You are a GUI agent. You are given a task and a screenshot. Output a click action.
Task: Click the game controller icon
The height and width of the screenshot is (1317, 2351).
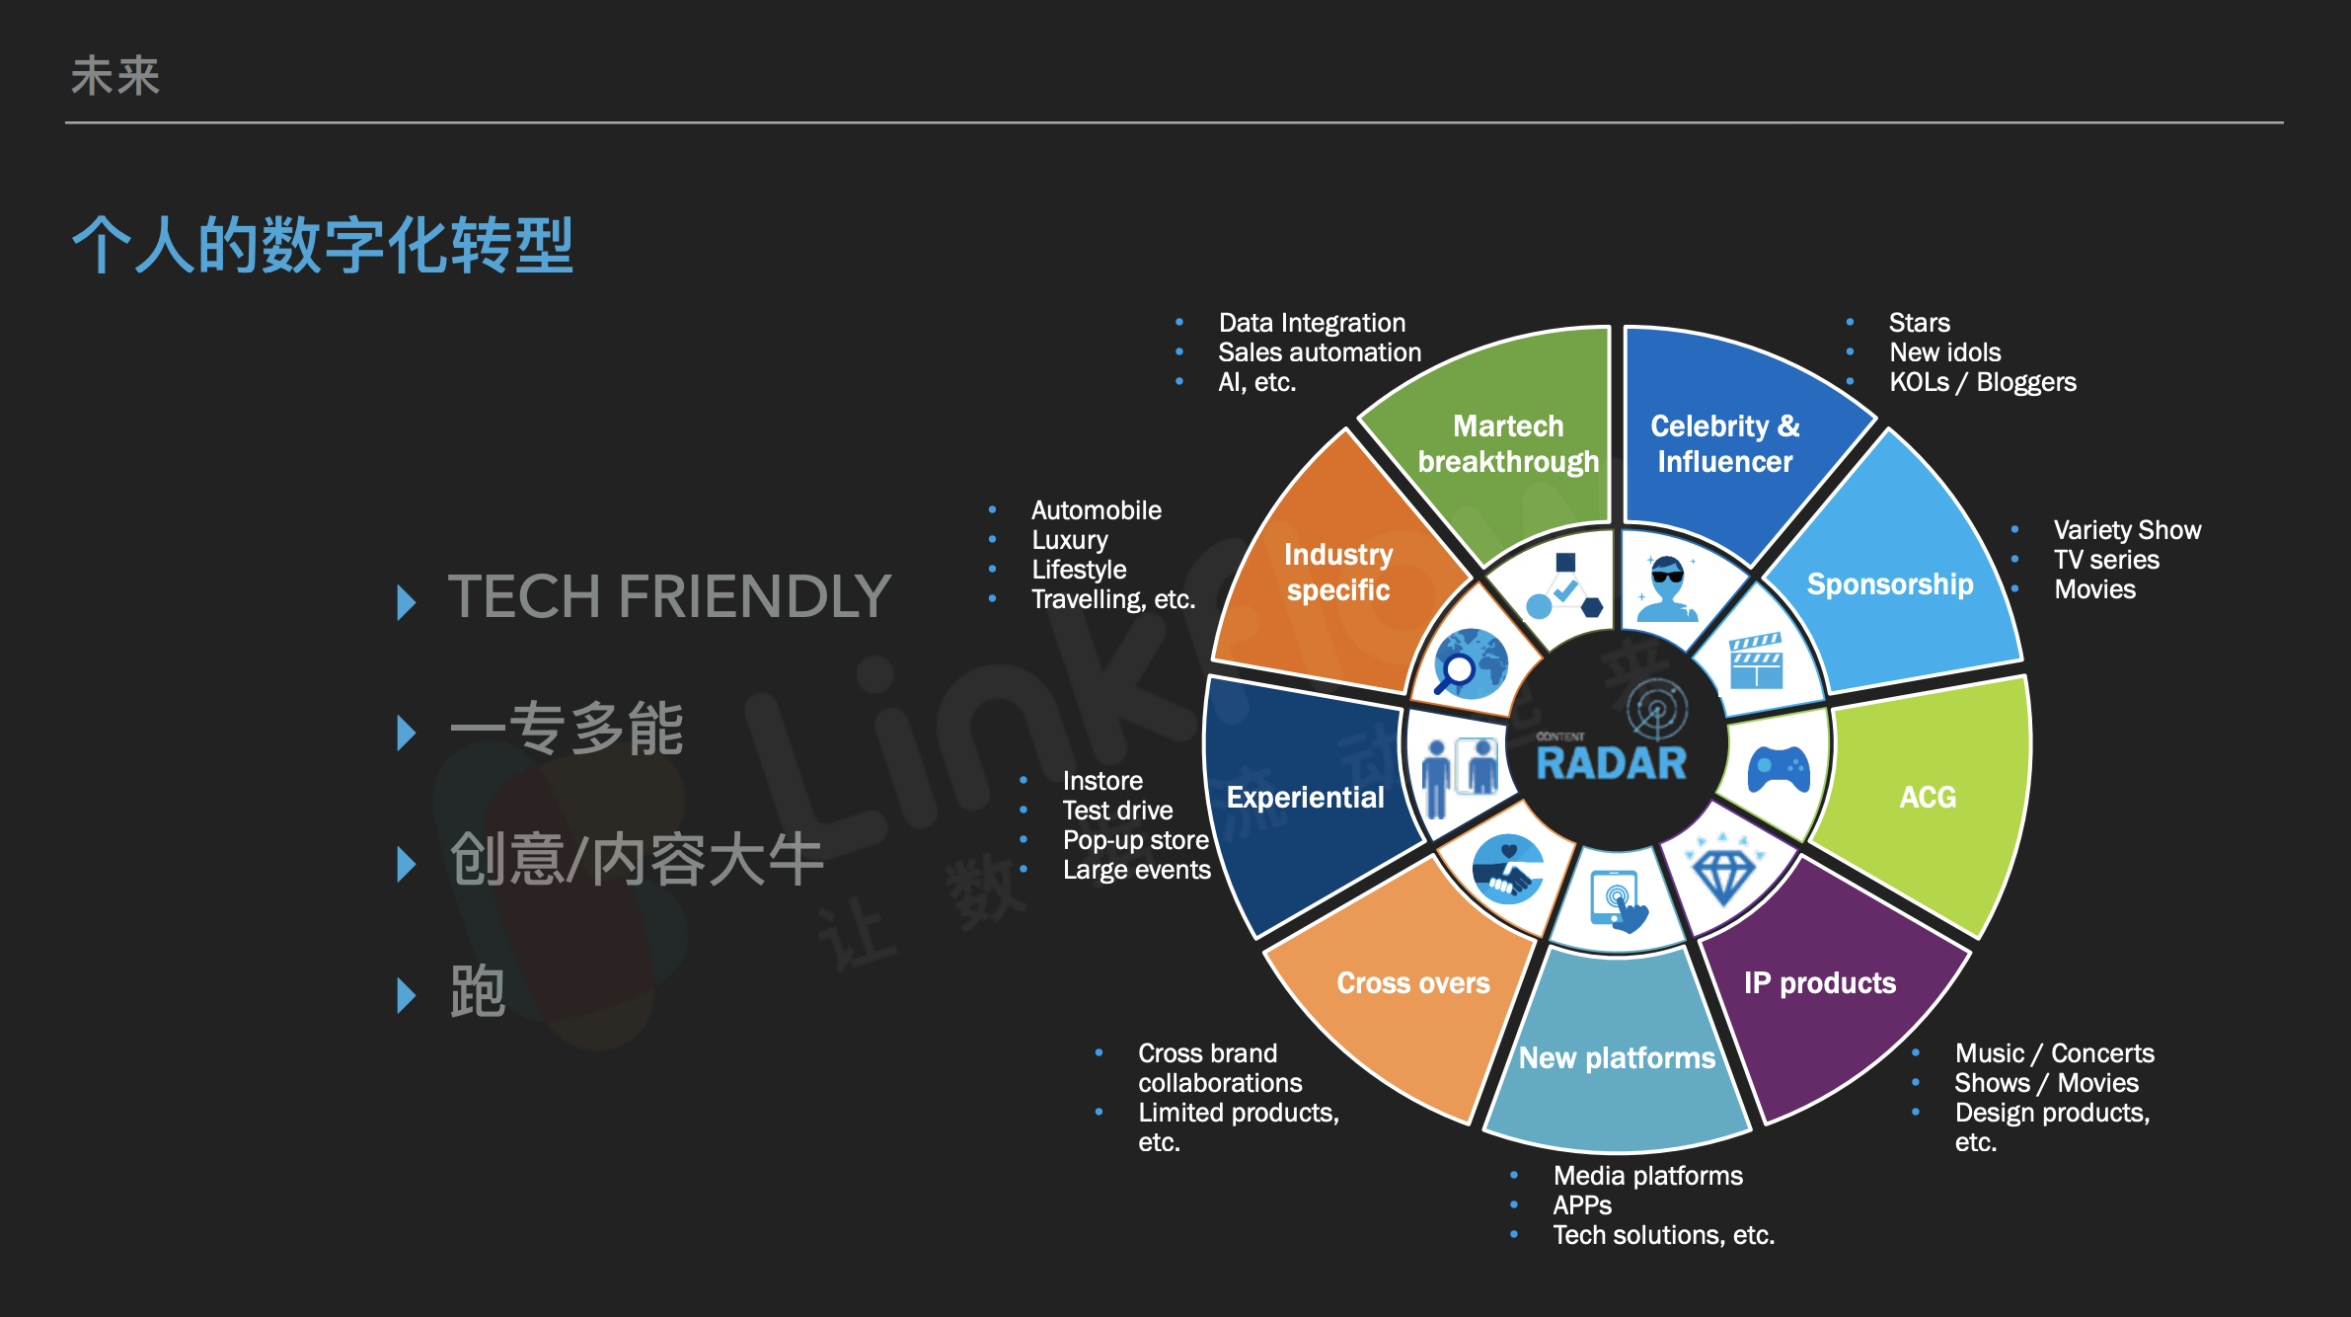(x=1779, y=770)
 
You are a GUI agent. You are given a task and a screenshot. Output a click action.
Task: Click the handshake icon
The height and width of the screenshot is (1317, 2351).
(x=1508, y=870)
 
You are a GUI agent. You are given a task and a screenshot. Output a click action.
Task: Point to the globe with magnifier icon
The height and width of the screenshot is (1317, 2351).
(x=1470, y=662)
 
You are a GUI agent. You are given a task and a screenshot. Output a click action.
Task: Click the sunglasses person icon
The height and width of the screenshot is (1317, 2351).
(x=1667, y=589)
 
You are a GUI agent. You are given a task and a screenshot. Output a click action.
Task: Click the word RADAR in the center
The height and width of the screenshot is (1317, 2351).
(x=1612, y=763)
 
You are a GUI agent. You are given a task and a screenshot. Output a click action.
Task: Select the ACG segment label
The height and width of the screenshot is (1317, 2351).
(x=1928, y=797)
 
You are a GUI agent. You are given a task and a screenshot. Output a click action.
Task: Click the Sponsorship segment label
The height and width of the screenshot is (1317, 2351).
(x=1890, y=584)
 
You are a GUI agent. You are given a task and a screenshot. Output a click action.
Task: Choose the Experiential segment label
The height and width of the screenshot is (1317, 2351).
(x=1305, y=797)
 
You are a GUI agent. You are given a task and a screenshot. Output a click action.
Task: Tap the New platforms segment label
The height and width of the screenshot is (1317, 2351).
(x=1617, y=1057)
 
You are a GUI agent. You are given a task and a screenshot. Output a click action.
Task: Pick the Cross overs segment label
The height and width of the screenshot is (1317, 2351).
(x=1413, y=982)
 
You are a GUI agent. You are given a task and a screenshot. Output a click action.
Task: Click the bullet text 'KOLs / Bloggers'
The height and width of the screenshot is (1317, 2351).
(x=1983, y=382)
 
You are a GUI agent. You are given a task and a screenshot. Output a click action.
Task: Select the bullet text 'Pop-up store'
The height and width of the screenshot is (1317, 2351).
(x=1136, y=840)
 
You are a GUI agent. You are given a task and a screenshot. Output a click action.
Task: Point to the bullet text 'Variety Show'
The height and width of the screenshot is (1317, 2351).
(x=2128, y=530)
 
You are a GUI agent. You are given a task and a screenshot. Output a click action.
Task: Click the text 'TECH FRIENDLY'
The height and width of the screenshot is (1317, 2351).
(x=669, y=596)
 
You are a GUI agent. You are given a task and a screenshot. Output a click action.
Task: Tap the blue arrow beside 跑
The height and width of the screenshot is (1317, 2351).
(x=406, y=996)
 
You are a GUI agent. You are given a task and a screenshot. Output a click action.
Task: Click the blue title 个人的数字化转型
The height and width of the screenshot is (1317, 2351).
(x=323, y=245)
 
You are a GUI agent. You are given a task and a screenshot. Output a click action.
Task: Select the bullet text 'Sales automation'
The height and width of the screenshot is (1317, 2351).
(x=1320, y=352)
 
